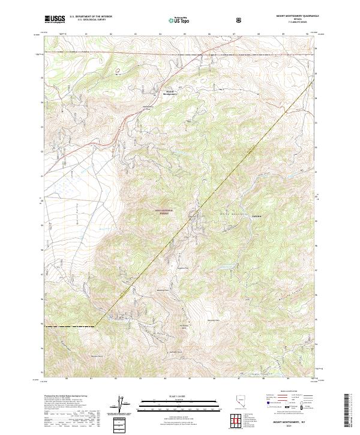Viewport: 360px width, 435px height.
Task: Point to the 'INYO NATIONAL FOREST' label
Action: [x=163, y=211]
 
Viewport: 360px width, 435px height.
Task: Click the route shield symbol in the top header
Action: [x=239, y=19]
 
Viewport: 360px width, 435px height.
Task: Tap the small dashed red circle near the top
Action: [x=118, y=70]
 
